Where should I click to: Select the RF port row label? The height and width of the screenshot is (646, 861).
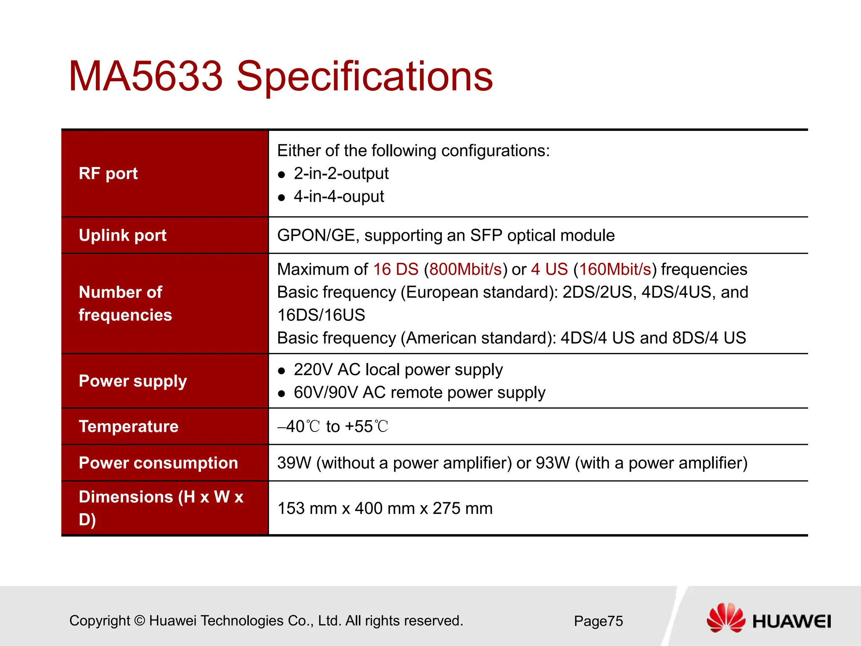tap(108, 174)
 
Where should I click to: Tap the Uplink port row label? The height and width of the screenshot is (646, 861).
tap(122, 236)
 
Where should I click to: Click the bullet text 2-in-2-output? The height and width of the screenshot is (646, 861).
tap(341, 174)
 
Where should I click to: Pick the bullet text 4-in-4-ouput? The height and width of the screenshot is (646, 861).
tap(339, 197)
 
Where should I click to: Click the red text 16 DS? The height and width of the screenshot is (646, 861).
tap(396, 270)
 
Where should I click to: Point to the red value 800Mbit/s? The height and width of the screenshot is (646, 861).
tap(465, 270)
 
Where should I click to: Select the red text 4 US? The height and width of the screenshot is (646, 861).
tap(549, 270)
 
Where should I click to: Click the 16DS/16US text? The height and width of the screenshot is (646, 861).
tap(321, 315)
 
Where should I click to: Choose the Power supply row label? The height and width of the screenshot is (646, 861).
tap(132, 381)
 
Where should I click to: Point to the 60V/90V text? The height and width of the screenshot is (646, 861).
tap(325, 393)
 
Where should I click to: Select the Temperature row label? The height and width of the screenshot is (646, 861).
tap(128, 426)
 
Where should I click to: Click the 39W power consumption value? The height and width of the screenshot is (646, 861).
tap(294, 463)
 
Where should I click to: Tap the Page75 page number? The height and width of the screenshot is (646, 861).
tap(598, 621)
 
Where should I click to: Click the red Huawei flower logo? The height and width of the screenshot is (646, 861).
tap(725, 618)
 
